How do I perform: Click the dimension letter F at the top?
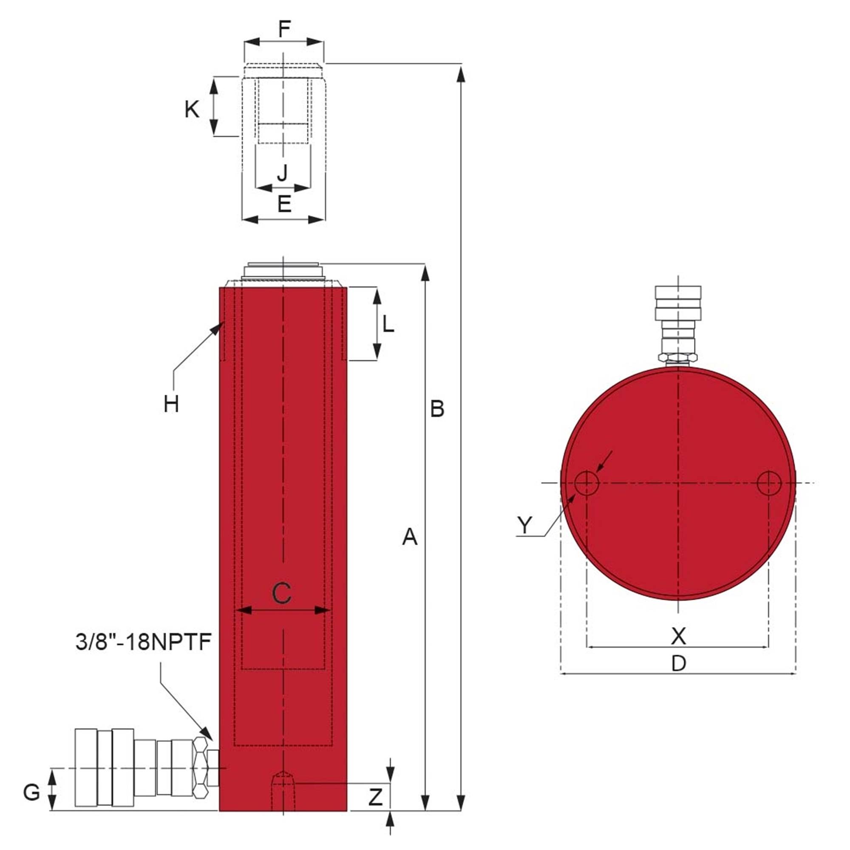284,29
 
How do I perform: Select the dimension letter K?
192,109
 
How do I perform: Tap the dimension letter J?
283,173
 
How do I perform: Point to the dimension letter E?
284,204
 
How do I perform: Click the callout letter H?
171,404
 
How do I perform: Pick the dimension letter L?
388,325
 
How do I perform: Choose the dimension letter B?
437,409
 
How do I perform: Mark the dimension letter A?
410,537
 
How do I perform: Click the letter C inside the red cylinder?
282,593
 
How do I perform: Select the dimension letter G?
32,792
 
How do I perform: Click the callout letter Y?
524,525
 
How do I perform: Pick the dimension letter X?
678,636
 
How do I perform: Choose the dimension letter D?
678,663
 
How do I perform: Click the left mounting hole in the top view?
586,483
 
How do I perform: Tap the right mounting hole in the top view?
769,483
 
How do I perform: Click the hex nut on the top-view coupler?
678,358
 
